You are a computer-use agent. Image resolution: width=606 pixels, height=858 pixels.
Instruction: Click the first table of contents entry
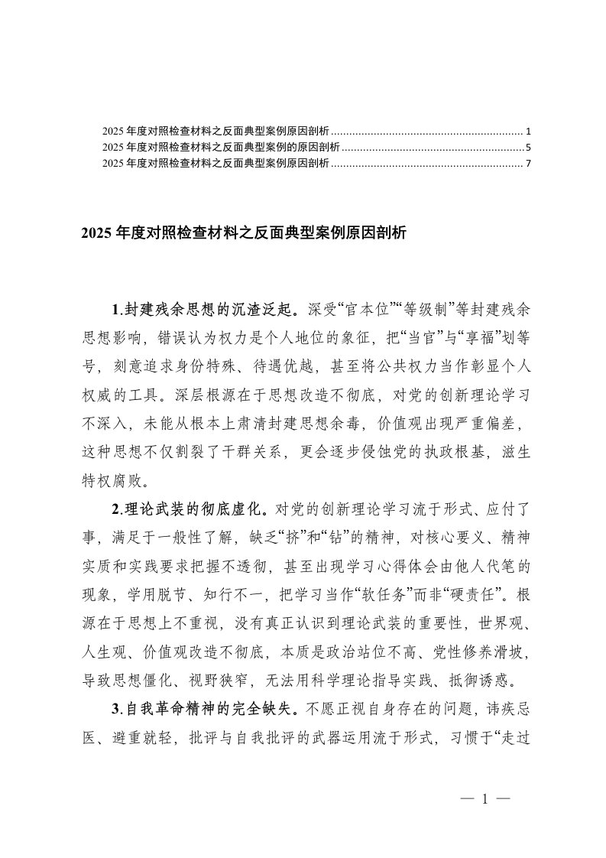[216, 130]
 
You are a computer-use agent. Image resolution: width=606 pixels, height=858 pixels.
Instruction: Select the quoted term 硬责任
[480, 593]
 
